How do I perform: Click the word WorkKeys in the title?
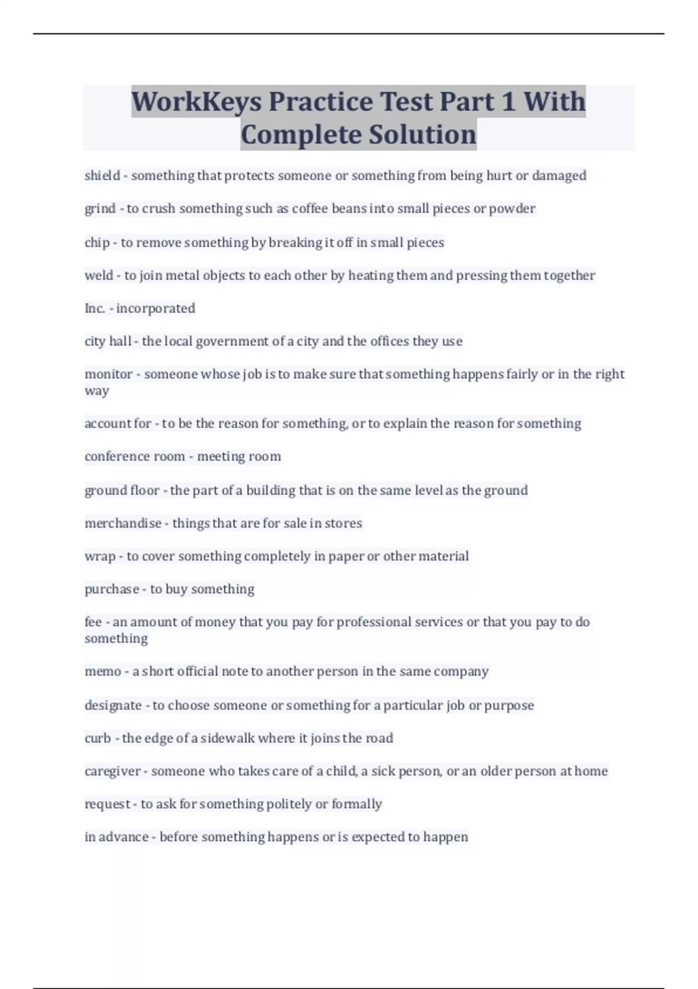coord(196,102)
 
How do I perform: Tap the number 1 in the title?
coord(507,102)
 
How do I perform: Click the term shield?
coord(102,176)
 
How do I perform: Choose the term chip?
coord(97,243)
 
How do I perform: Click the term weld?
coord(99,275)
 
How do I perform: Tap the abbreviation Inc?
coord(95,308)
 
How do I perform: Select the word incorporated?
coord(155,308)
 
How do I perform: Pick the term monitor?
coord(108,374)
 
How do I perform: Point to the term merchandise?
coord(123,524)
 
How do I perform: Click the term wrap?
coord(99,557)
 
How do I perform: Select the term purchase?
coord(112,589)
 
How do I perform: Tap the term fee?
coord(93,622)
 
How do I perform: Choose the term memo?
coord(102,671)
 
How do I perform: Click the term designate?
coord(113,706)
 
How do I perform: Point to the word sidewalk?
coord(227,738)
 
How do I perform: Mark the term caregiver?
coord(112,771)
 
